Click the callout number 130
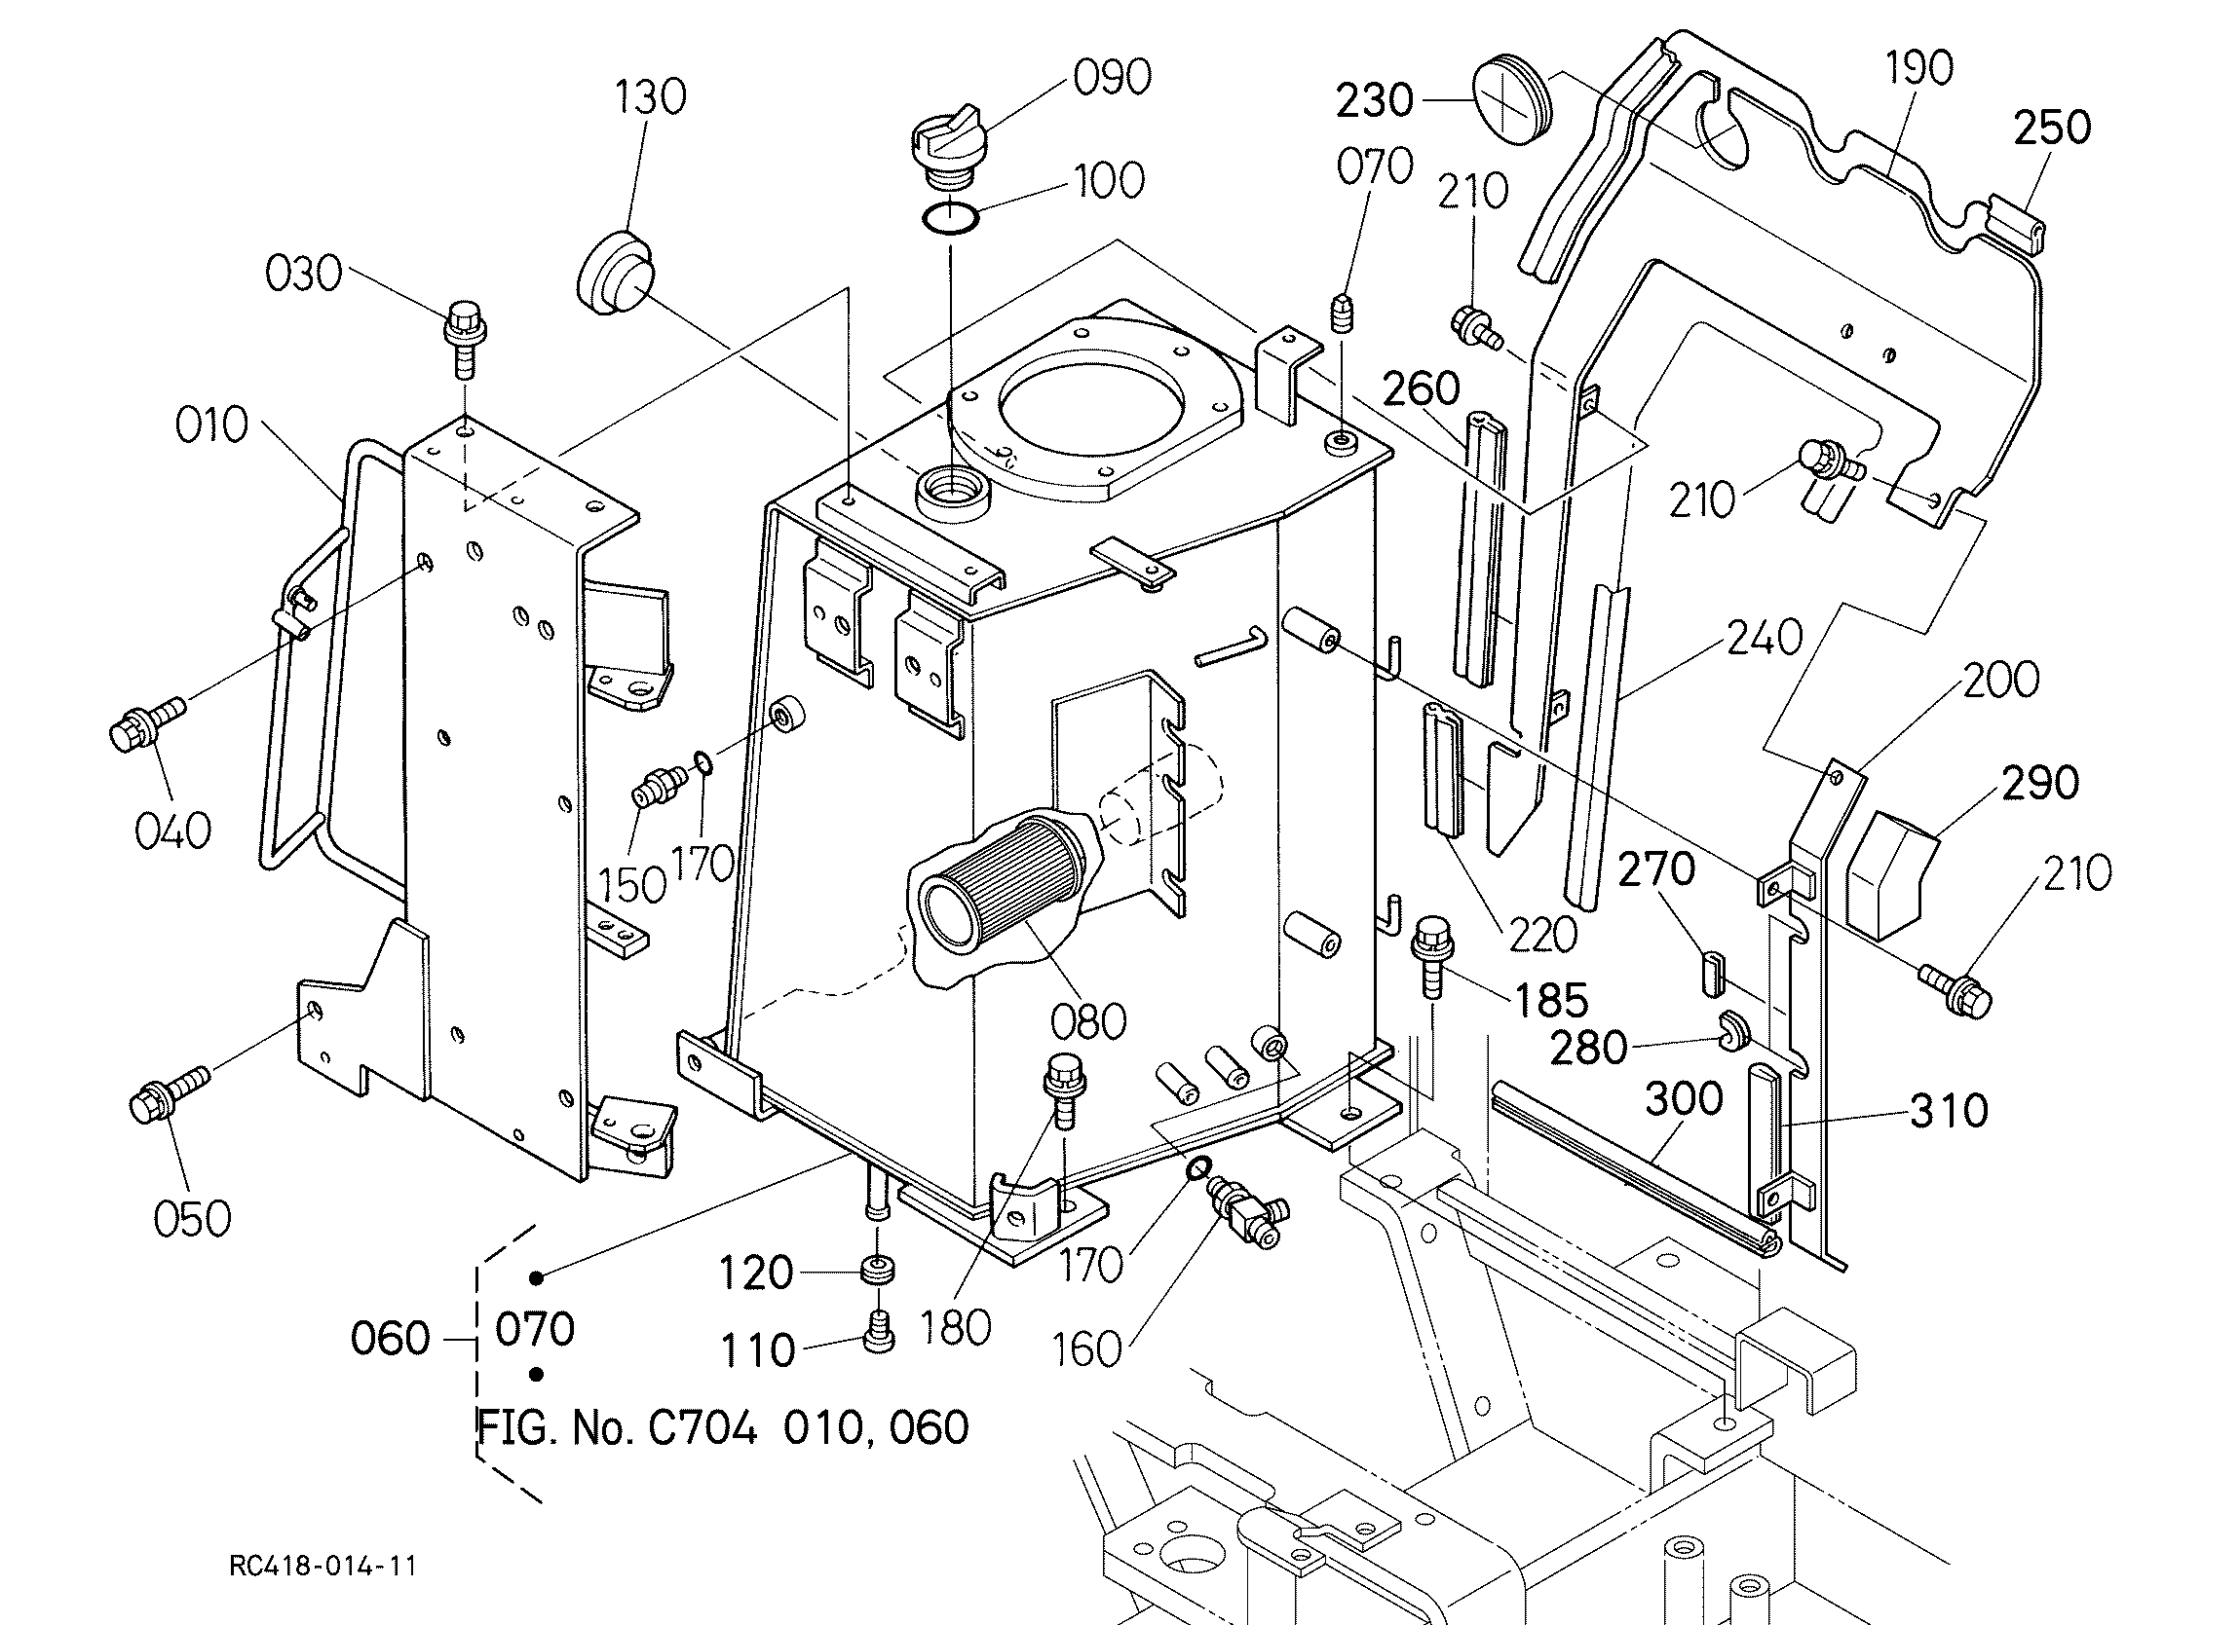pos(650,97)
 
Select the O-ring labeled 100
pos(950,217)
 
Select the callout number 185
pos(1550,1000)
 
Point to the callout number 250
pos(2052,128)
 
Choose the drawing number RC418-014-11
pos(322,1566)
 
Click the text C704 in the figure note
pos(702,1427)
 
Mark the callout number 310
pos(1949,1112)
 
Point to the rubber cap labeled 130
pos(615,272)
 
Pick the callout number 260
pos(1422,389)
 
